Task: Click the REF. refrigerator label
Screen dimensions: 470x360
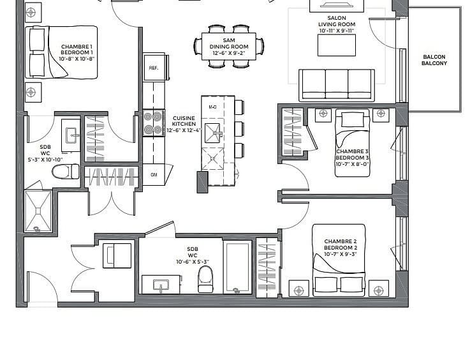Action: (x=154, y=68)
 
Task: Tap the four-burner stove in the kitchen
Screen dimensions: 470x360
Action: (x=154, y=123)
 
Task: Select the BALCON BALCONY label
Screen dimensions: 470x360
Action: (x=434, y=60)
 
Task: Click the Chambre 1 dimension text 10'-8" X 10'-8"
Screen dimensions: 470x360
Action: (x=77, y=59)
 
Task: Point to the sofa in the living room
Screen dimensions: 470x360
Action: (x=337, y=86)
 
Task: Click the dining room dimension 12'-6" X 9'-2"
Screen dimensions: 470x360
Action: (x=229, y=54)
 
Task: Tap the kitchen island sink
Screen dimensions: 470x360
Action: (x=213, y=133)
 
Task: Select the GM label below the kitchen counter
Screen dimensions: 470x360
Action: (x=154, y=175)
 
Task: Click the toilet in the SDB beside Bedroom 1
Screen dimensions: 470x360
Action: (x=66, y=172)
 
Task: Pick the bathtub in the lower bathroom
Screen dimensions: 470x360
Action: (x=238, y=267)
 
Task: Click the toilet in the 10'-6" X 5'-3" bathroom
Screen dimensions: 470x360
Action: (x=205, y=280)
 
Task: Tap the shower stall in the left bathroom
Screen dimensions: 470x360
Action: (x=38, y=211)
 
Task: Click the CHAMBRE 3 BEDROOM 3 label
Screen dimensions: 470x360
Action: (x=352, y=154)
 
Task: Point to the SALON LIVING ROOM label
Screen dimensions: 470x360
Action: (x=337, y=21)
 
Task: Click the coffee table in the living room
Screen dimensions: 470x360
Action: (x=337, y=45)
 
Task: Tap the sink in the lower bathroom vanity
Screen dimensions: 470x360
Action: (x=161, y=285)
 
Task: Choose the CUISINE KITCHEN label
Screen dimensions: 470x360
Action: (x=184, y=121)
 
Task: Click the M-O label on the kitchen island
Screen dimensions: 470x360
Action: (x=213, y=107)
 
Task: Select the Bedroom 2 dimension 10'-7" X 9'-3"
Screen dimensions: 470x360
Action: (x=340, y=254)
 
